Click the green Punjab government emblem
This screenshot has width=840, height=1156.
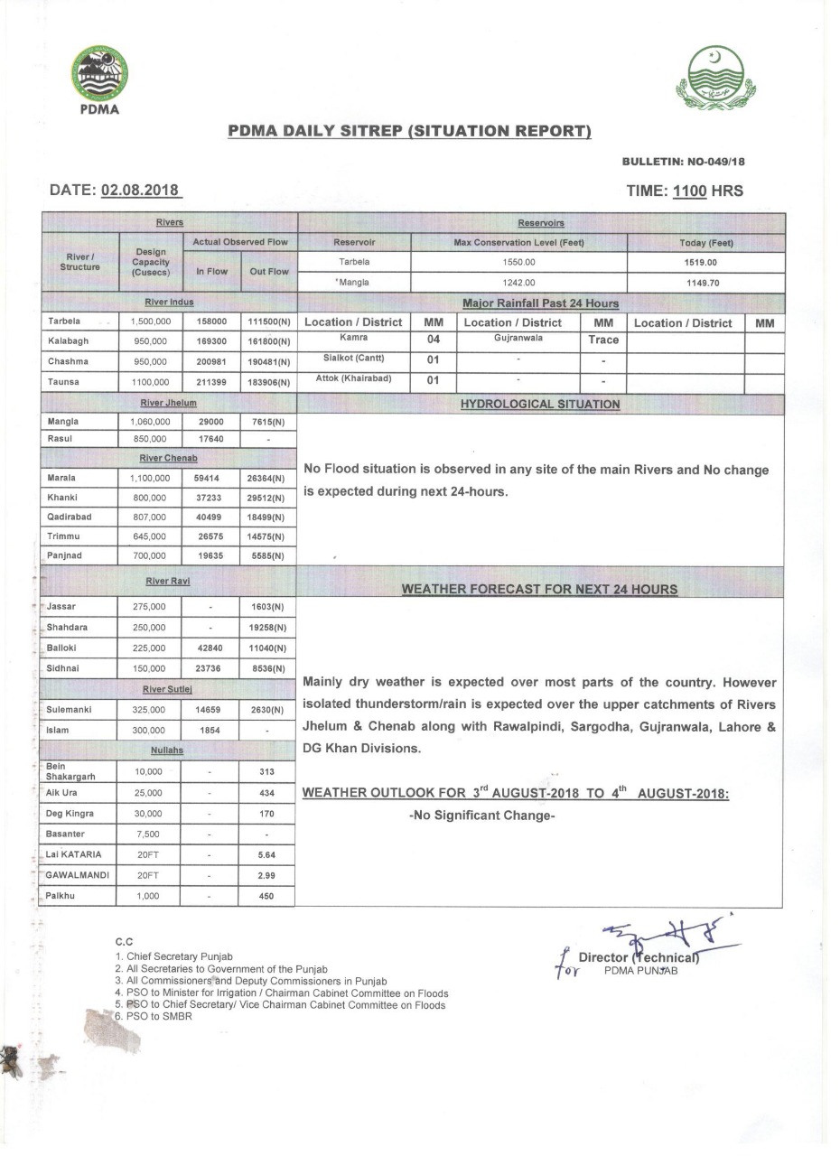coord(715,78)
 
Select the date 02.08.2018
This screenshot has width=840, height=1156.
coord(141,191)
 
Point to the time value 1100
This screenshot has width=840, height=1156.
coord(689,191)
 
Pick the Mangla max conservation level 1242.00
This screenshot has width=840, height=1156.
coord(518,282)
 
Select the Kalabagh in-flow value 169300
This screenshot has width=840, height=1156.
coord(210,342)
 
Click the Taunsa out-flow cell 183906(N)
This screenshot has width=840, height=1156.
coord(268,383)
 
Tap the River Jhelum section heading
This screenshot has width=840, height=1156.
coord(169,403)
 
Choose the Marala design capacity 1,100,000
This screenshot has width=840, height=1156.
coord(150,478)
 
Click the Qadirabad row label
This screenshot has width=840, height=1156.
coord(69,517)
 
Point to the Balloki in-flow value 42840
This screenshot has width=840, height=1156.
coord(210,648)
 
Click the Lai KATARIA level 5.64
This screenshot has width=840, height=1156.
coord(266,854)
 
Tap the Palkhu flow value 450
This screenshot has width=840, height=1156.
coord(266,897)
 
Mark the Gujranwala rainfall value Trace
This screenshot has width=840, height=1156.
coord(603,340)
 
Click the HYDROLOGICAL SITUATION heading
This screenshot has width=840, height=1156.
coord(540,405)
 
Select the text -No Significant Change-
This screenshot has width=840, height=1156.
coord(481,816)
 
